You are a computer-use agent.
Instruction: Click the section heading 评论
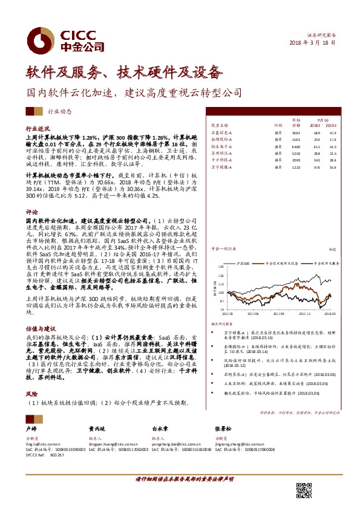coord(31,212)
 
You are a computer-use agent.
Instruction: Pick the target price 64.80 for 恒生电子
coord(295,146)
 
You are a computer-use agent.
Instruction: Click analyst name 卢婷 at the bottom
coord(32,427)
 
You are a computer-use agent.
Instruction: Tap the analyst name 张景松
coord(222,427)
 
